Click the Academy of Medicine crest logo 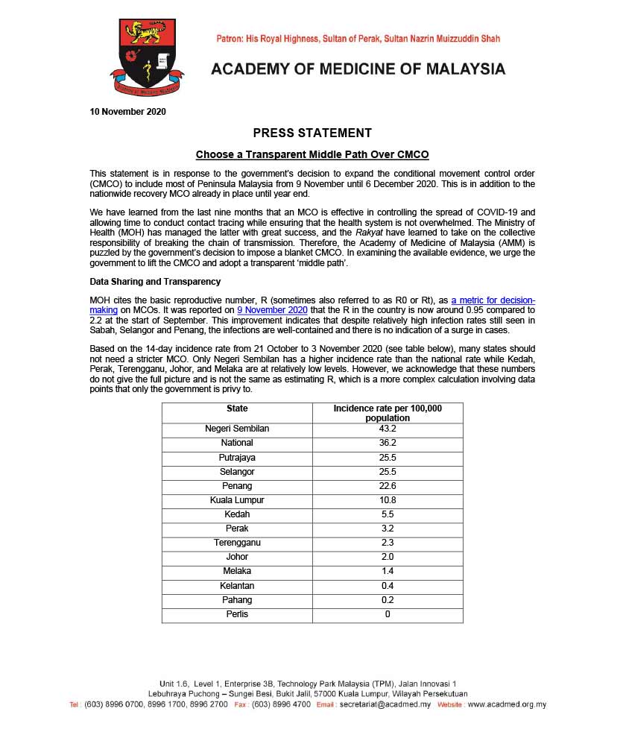pyautogui.click(x=148, y=57)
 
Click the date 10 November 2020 pyautogui.click(x=127, y=113)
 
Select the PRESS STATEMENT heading pyautogui.click(x=312, y=133)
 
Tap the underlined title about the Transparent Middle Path pyautogui.click(x=312, y=155)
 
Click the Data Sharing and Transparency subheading pyautogui.click(x=155, y=282)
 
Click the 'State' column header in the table pyautogui.click(x=237, y=409)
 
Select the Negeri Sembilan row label pyautogui.click(x=237, y=429)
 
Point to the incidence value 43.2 pyautogui.click(x=388, y=429)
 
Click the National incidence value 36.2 pyautogui.click(x=388, y=443)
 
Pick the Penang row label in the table pyautogui.click(x=237, y=486)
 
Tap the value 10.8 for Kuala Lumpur pyautogui.click(x=388, y=500)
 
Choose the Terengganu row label pyautogui.click(x=237, y=543)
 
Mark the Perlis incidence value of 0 pyautogui.click(x=388, y=614)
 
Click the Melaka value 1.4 pyautogui.click(x=388, y=571)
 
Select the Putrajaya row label pyautogui.click(x=237, y=457)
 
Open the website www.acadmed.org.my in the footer pyautogui.click(x=506, y=704)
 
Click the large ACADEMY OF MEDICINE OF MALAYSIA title pyautogui.click(x=358, y=70)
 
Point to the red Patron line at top pyautogui.click(x=358, y=39)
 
